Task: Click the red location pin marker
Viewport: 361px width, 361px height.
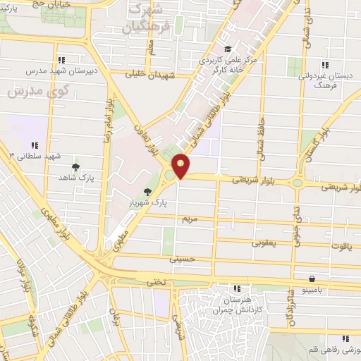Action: (x=181, y=165)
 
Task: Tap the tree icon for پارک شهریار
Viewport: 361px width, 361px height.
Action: (x=147, y=192)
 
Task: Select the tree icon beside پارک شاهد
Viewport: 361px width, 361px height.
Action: (x=75, y=167)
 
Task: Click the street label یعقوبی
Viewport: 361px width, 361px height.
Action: (x=264, y=243)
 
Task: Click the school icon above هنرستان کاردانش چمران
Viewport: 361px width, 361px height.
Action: (x=237, y=288)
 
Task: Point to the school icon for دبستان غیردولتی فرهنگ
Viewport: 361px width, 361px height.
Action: (x=324, y=65)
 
